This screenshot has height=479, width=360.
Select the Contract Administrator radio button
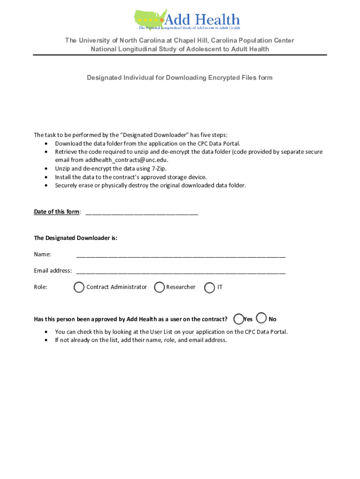pyautogui.click(x=79, y=287)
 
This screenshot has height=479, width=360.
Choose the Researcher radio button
pyautogui.click(x=159, y=287)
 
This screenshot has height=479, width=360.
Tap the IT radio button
pyautogui.click(x=210, y=287)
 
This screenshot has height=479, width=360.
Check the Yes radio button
pyautogui.click(x=238, y=319)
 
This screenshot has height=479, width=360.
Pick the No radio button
pyautogui.click(x=262, y=319)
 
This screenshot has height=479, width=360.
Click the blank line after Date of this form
pyautogui.click(x=142, y=212)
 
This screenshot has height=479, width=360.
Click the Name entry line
pyautogui.click(x=180, y=255)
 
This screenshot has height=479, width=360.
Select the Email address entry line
pyautogui.click(x=180, y=271)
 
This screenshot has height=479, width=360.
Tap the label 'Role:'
pyautogui.click(x=40, y=287)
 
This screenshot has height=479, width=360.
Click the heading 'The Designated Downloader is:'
pyautogui.click(x=75, y=238)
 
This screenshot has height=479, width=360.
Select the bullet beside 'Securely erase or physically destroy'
pyautogui.click(x=46, y=185)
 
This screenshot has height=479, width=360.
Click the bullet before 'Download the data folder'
pyautogui.click(x=46, y=143)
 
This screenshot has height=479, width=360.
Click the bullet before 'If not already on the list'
pyautogui.click(x=46, y=340)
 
